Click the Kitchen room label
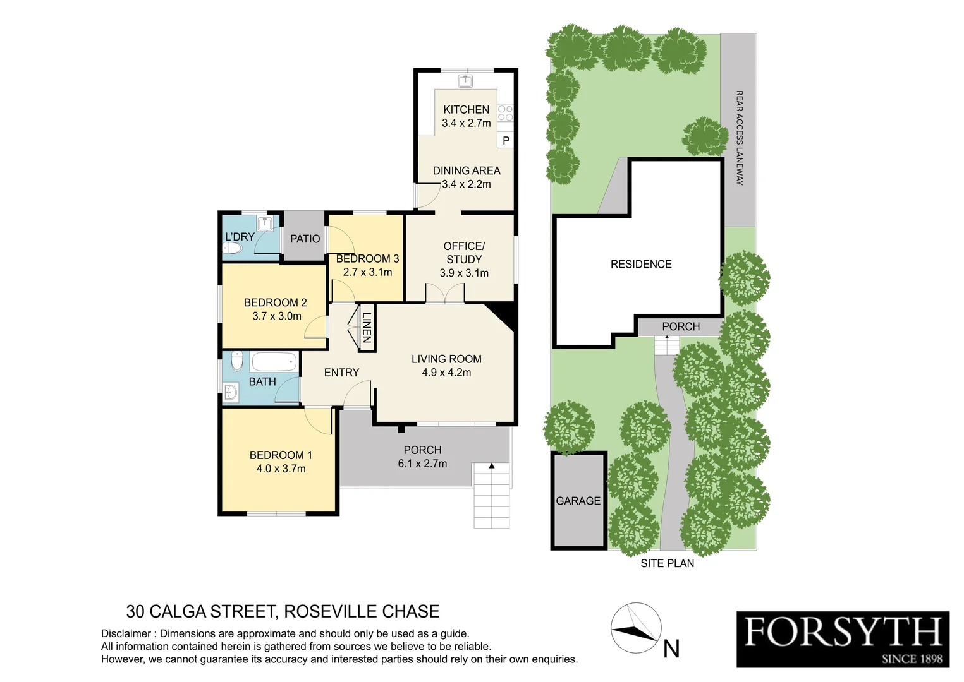pyautogui.click(x=466, y=109)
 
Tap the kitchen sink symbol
pyautogui.click(x=466, y=80)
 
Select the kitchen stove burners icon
pyautogui.click(x=505, y=113)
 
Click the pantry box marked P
pyautogui.click(x=506, y=141)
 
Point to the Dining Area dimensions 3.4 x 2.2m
pyautogui.click(x=467, y=184)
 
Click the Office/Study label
pyautogui.click(x=464, y=253)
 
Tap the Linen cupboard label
pyautogui.click(x=366, y=328)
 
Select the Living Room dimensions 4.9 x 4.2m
pyautogui.click(x=446, y=373)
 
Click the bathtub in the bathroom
pyautogui.click(x=273, y=362)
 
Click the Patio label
pyautogui.click(x=305, y=239)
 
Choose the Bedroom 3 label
pyautogui.click(x=367, y=259)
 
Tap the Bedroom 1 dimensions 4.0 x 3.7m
pyautogui.click(x=281, y=469)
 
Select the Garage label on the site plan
pyautogui.click(x=578, y=501)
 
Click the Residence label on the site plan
pyautogui.click(x=640, y=264)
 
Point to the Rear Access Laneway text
pyautogui.click(x=739, y=138)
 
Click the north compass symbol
pyautogui.click(x=635, y=628)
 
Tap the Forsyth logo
pyautogui.click(x=843, y=638)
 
